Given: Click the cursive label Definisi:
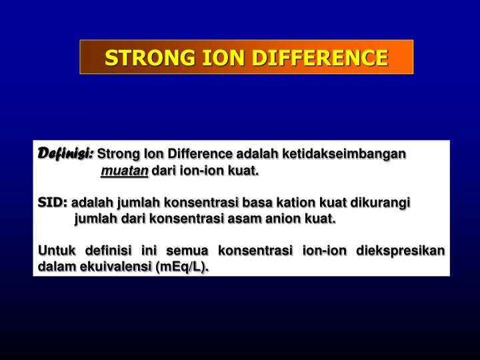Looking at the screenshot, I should point(66,154).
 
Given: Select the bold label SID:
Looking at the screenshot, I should point(53,202).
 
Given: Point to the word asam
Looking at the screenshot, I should point(248,219).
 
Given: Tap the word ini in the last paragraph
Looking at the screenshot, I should point(149,251).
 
